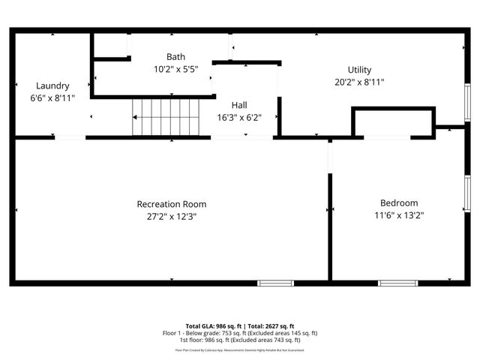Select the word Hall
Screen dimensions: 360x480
point(239,105)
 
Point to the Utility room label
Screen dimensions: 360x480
point(359,70)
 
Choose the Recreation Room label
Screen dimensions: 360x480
point(171,204)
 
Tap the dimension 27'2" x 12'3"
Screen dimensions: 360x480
point(171,216)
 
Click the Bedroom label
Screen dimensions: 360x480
point(399,202)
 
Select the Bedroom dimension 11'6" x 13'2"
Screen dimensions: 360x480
point(399,215)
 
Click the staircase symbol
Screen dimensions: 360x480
point(168,118)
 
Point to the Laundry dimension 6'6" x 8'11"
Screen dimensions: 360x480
point(52,97)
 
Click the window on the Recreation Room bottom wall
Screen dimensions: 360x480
point(275,283)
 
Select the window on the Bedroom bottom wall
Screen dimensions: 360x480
point(397,283)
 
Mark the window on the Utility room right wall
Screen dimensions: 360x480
point(466,101)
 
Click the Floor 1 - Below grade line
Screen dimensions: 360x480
point(240,333)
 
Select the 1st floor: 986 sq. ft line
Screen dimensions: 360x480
point(240,340)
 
